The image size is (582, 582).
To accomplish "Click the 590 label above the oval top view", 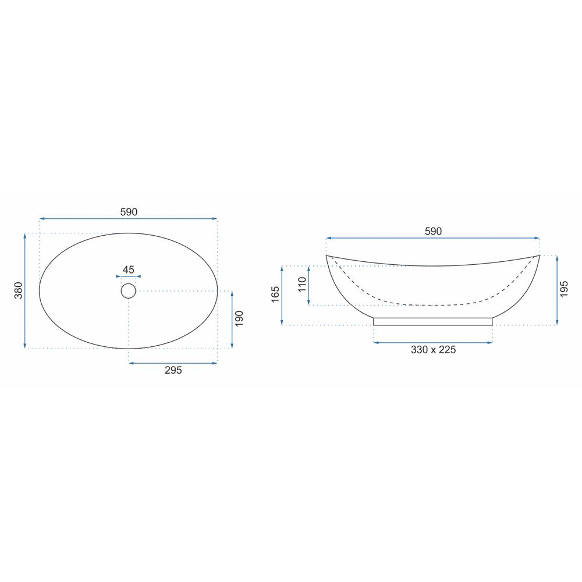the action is [x=129, y=212].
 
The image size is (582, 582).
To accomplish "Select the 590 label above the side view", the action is [x=433, y=231].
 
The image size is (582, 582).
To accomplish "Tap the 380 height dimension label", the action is [x=19, y=290].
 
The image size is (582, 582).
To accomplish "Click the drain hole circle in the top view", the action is [x=129, y=291].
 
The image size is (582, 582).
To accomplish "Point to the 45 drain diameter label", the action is [x=129, y=269].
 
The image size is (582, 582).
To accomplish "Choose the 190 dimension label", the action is [x=239, y=319].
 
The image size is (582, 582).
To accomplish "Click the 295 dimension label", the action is [x=173, y=370].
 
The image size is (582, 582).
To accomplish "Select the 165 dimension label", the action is [x=275, y=294].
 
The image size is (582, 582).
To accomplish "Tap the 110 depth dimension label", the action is [x=303, y=285].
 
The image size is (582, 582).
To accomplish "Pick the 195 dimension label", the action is [x=564, y=289].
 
